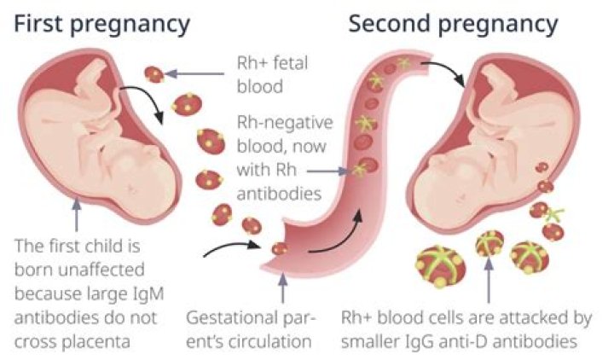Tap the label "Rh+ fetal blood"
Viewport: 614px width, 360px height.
click(272, 74)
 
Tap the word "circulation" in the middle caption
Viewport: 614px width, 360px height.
click(271, 342)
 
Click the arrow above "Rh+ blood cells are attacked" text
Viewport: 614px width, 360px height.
click(486, 282)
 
